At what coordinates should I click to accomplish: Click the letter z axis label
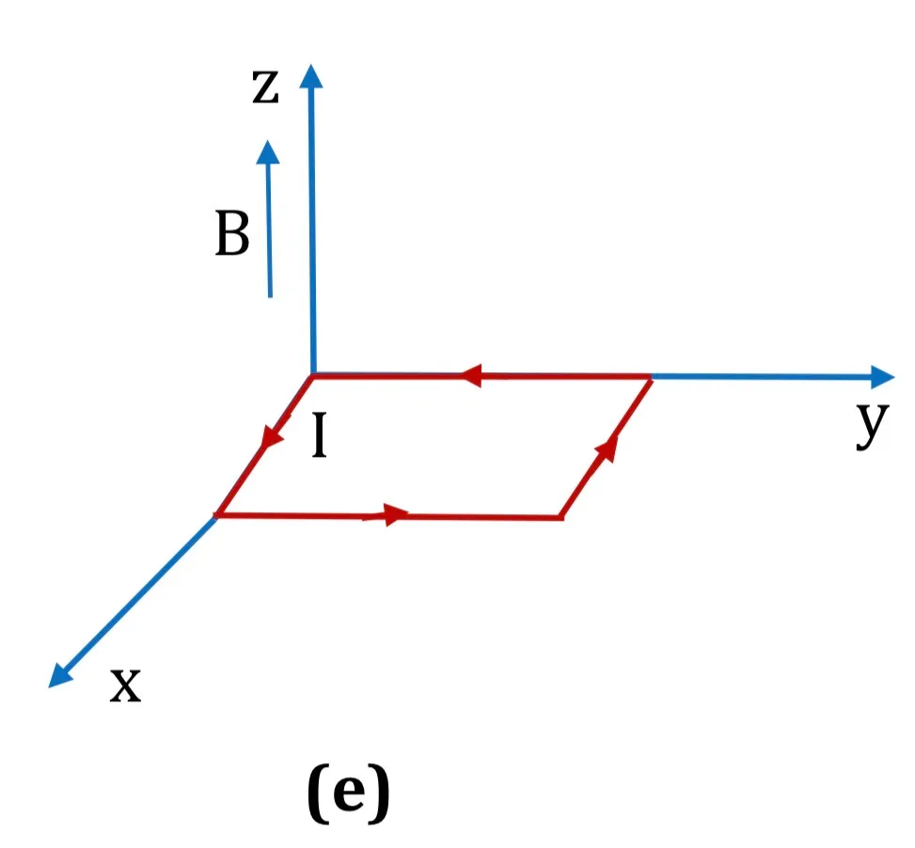pyautogui.click(x=265, y=86)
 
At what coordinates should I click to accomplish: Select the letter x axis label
pyautogui.click(x=125, y=684)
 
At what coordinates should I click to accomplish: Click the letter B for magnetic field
pyautogui.click(x=232, y=233)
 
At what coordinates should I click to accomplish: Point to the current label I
pyautogui.click(x=319, y=434)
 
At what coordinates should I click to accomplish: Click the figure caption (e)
pyautogui.click(x=348, y=793)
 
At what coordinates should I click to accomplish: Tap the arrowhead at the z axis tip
pyautogui.click(x=311, y=76)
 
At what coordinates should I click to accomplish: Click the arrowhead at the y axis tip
pyautogui.click(x=882, y=377)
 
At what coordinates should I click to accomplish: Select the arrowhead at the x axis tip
pyautogui.click(x=59, y=676)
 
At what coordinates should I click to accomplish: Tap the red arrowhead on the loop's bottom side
pyautogui.click(x=397, y=514)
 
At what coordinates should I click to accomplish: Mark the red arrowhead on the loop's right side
pyautogui.click(x=607, y=448)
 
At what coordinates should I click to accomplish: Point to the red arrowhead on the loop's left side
pyautogui.click(x=272, y=435)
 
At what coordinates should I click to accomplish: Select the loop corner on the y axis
pyautogui.click(x=651, y=378)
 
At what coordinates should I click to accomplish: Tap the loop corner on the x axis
pyautogui.click(x=216, y=515)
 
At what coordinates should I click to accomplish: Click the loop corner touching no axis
pyautogui.click(x=560, y=517)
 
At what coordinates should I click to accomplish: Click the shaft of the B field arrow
pyautogui.click(x=270, y=230)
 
